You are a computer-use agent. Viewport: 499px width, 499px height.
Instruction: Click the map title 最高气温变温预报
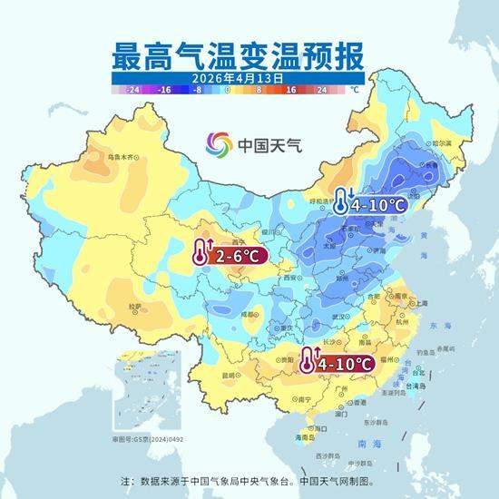tap(237, 55)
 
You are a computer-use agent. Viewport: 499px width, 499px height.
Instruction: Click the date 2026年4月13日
tap(237, 79)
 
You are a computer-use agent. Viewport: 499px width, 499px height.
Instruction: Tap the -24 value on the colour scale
tap(133, 91)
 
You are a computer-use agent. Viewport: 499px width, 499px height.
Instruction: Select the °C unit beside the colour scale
tap(356, 91)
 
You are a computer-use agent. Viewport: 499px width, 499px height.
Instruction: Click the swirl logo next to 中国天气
tap(219, 144)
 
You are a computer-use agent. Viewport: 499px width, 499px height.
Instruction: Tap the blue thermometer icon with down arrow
tap(341, 201)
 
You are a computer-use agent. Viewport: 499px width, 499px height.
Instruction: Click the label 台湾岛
tap(421, 385)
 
